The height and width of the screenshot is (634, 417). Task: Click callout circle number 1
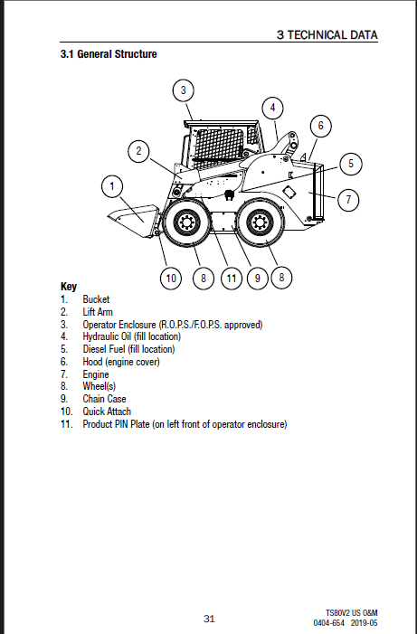click(x=112, y=186)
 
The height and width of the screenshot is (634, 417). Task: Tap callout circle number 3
click(x=184, y=90)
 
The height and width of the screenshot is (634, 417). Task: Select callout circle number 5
click(x=351, y=164)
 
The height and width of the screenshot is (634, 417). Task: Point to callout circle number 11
click(x=232, y=279)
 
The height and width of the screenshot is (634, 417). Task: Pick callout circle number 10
click(x=171, y=279)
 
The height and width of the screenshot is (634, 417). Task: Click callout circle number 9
click(x=257, y=279)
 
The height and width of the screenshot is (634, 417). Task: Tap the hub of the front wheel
click(x=187, y=222)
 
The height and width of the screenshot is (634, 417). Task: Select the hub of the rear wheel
click(x=259, y=222)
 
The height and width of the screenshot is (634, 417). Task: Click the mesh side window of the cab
click(x=221, y=144)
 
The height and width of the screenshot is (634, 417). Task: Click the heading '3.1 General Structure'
click(x=109, y=54)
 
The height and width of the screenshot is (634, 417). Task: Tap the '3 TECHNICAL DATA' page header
click(x=327, y=35)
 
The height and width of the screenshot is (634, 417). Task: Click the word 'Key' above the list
click(x=69, y=287)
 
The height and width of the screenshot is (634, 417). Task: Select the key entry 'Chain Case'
click(x=104, y=399)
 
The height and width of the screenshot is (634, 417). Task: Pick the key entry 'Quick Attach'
click(x=107, y=412)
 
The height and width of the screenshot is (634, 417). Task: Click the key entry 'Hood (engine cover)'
click(x=121, y=362)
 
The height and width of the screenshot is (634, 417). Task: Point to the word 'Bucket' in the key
click(x=96, y=299)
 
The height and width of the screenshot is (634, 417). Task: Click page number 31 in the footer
click(x=209, y=619)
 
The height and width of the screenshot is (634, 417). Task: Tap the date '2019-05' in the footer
click(x=364, y=623)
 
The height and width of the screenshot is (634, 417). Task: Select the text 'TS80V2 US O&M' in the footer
click(x=352, y=613)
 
